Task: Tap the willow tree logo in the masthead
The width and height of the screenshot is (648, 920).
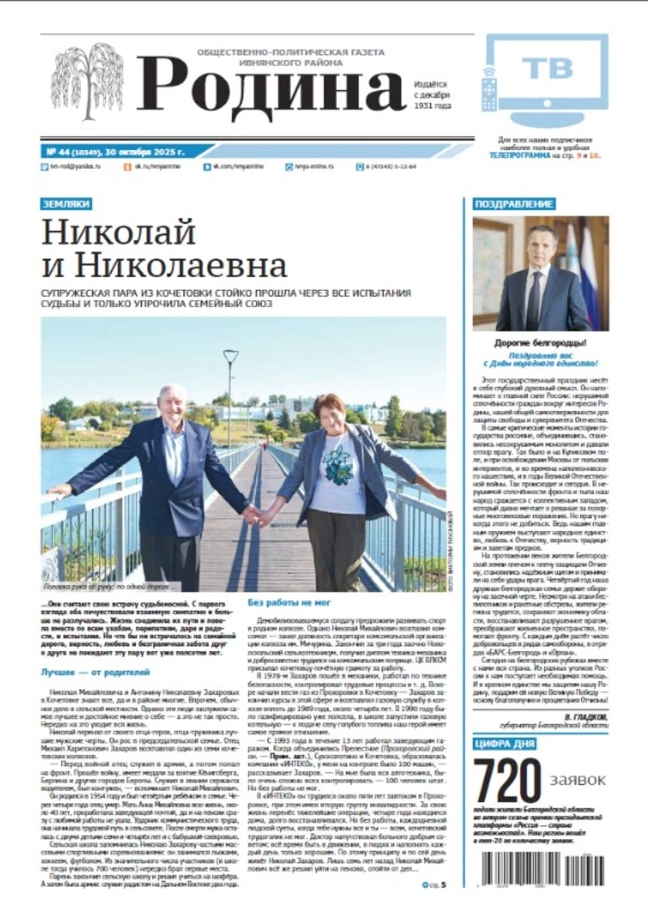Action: click(87, 81)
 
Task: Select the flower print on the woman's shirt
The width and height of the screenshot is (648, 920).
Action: click(337, 463)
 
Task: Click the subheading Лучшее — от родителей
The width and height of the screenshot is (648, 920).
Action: click(96, 672)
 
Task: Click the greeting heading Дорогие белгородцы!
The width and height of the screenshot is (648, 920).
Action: click(540, 343)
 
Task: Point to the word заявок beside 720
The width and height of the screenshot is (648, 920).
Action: click(578, 779)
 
